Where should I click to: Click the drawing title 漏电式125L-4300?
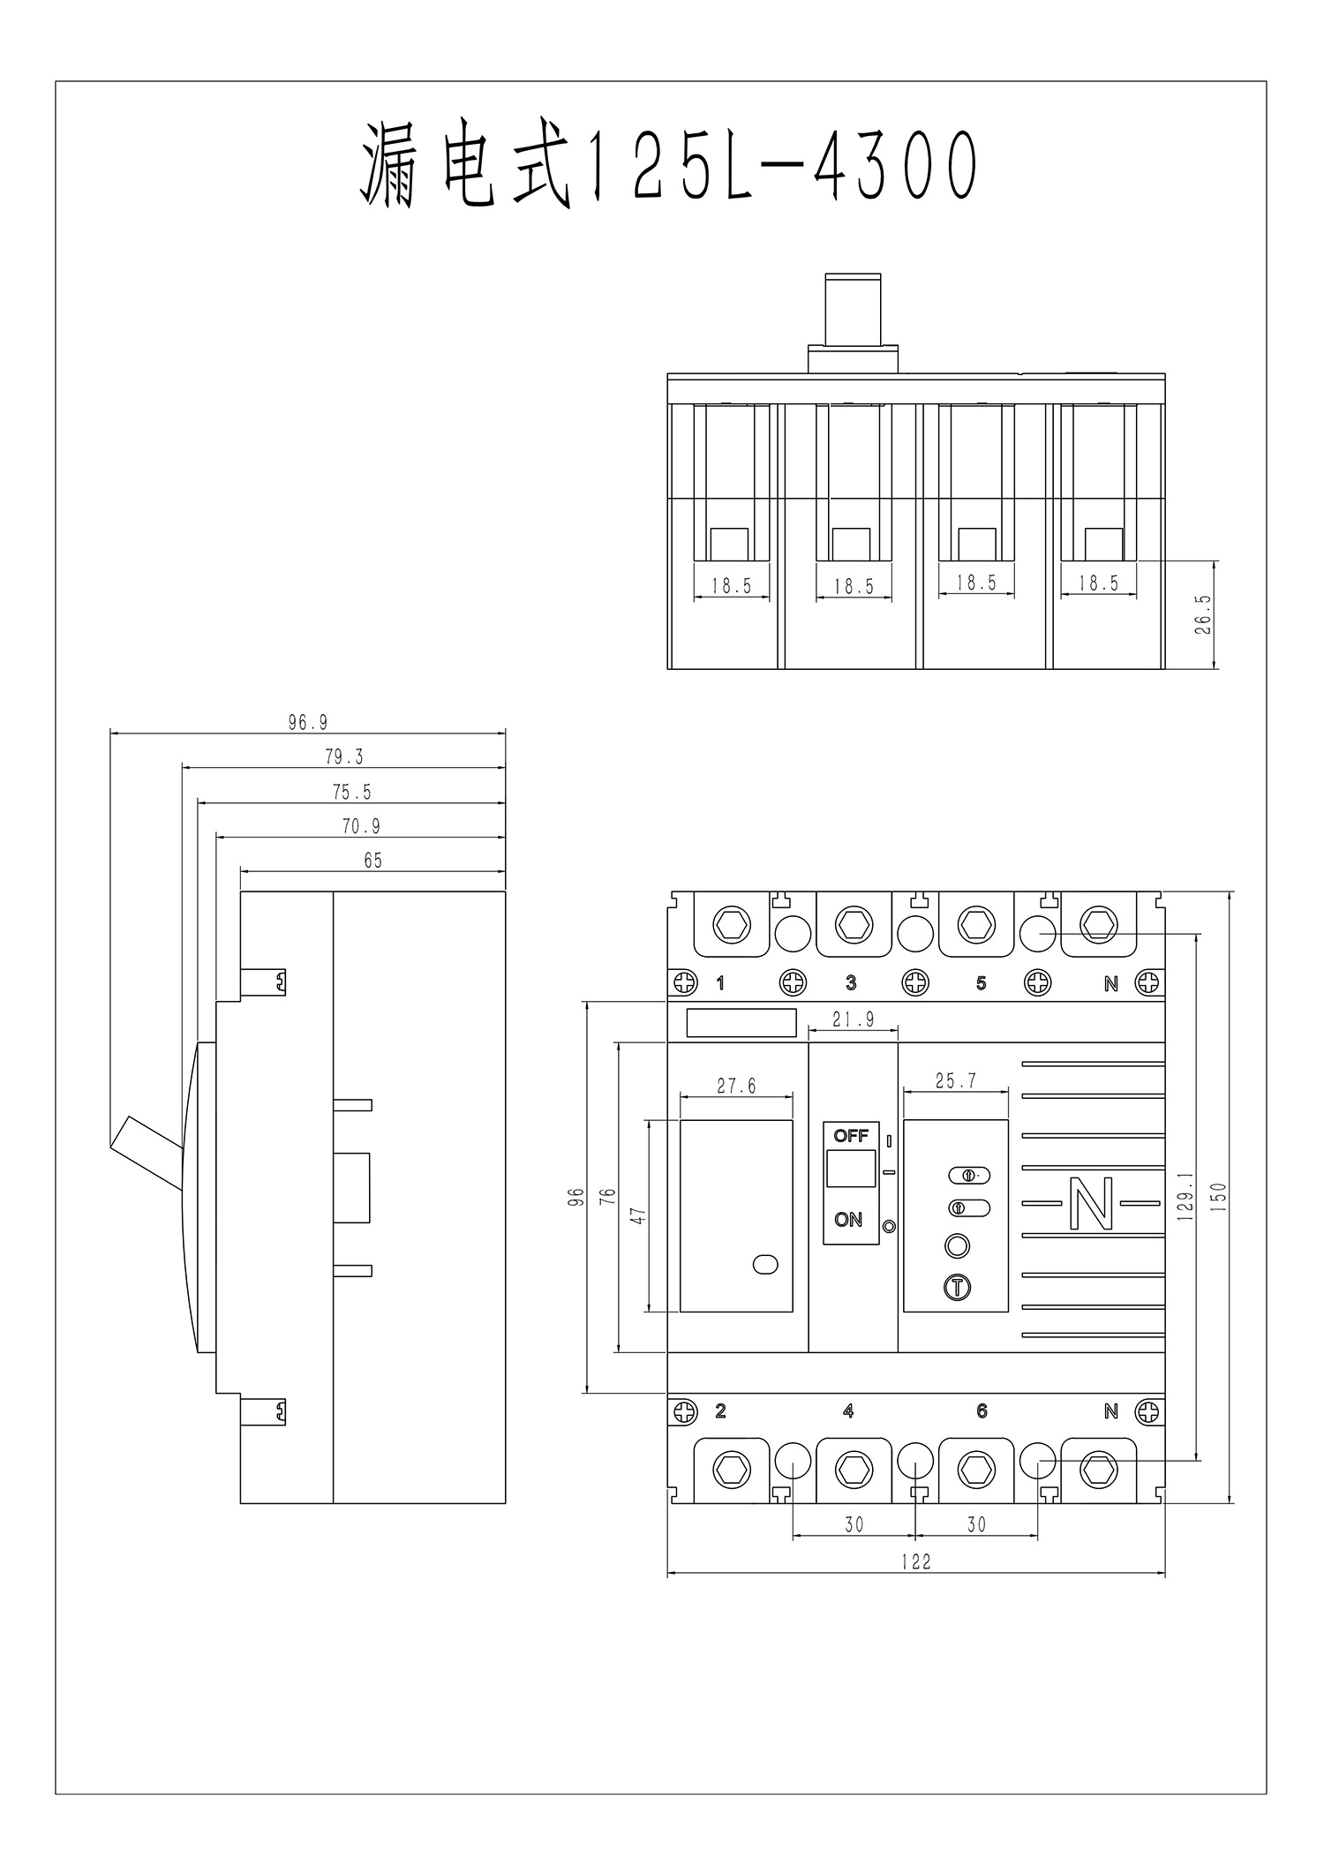point(669,168)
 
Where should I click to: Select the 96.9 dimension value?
point(307,723)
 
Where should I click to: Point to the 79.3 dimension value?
point(343,757)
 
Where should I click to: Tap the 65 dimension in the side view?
point(372,861)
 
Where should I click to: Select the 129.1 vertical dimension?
point(1185,1196)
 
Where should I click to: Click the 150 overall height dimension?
point(1219,1196)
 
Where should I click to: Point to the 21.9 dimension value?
point(853,1019)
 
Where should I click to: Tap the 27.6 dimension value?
point(736,1086)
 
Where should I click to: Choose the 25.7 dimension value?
point(956,1080)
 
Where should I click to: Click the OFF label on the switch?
point(851,1135)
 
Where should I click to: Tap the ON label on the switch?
point(848,1220)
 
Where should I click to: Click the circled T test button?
point(957,1287)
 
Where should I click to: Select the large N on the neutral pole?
point(1091,1203)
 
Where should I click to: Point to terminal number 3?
point(851,983)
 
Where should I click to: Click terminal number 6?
point(982,1411)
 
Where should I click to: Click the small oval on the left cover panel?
point(765,1265)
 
